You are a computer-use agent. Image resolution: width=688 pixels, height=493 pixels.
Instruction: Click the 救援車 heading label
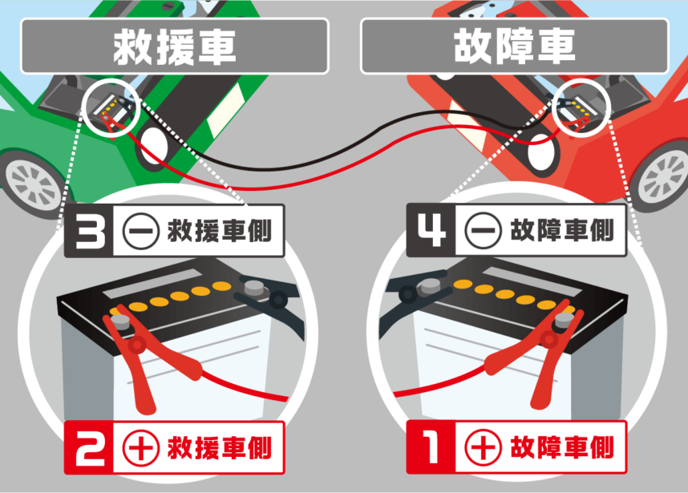[175, 46]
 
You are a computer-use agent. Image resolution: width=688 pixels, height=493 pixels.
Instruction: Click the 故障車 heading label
[515, 46]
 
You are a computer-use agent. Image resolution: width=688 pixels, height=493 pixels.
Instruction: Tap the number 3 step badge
[89, 231]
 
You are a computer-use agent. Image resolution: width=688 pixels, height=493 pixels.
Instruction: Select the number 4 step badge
[431, 230]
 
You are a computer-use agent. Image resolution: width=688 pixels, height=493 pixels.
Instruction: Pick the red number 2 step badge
[89, 448]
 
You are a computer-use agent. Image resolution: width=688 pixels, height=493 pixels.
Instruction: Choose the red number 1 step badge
[431, 447]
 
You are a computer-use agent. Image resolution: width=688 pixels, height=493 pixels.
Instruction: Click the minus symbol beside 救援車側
[140, 231]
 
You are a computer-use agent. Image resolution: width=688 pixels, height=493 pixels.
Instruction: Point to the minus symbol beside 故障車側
[483, 231]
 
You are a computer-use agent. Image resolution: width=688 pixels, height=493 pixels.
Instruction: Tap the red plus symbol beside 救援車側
[140, 448]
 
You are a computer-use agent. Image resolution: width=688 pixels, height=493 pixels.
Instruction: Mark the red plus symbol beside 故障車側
[483, 447]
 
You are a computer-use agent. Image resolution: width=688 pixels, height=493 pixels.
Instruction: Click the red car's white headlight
[540, 152]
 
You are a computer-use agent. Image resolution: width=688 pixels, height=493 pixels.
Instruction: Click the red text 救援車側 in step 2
[220, 448]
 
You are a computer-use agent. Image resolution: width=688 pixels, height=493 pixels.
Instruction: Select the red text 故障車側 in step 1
[562, 447]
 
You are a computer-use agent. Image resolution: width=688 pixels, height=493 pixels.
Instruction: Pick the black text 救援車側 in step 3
[220, 231]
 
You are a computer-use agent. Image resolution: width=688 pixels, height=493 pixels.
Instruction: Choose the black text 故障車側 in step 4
[562, 230]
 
